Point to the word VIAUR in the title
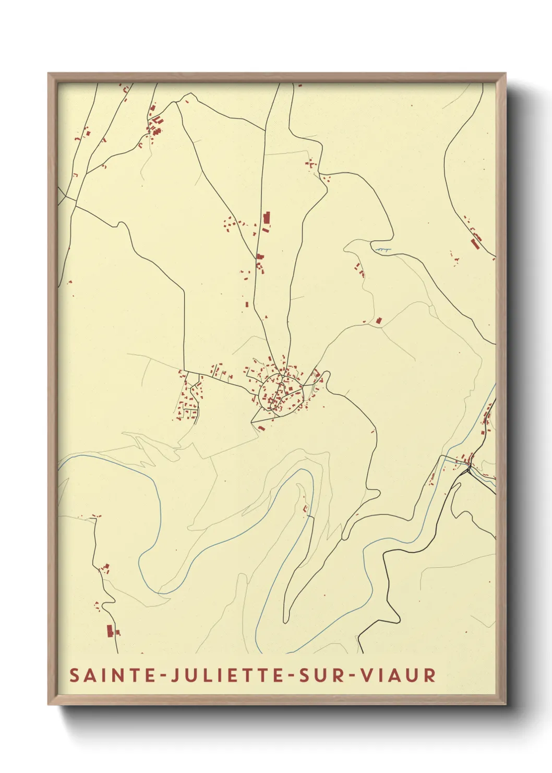pyautogui.click(x=399, y=675)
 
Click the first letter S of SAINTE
pyautogui.click(x=74, y=675)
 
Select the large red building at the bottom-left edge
pyautogui.click(x=109, y=630)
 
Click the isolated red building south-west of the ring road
pyautogui.click(x=261, y=428)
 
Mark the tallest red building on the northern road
pyautogui.click(x=267, y=218)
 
